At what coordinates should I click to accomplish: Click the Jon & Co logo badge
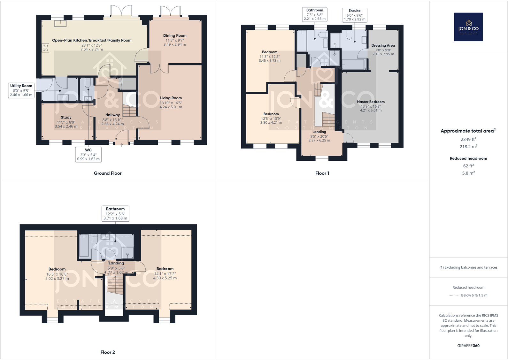[468, 27]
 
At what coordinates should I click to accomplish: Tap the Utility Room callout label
[21, 90]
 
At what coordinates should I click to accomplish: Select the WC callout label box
[88, 154]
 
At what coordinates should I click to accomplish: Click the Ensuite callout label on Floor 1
[354, 15]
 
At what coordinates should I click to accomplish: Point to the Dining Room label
[175, 36]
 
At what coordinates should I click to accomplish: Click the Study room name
[66, 117]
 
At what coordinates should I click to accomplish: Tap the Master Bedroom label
[371, 102]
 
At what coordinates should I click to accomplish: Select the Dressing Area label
[383, 46]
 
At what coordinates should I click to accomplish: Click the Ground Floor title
[108, 173]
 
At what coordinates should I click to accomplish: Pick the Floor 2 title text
[108, 352]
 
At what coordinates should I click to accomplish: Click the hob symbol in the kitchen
[45, 48]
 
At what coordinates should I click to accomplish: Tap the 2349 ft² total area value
[468, 139]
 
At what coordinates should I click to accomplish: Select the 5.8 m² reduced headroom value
[468, 173]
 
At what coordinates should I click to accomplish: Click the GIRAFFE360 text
[468, 346]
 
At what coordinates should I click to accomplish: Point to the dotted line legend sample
[454, 295]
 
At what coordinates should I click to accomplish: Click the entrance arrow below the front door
[122, 145]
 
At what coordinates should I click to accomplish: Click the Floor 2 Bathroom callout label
[115, 213]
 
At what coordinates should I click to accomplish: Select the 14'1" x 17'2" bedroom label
[165, 273]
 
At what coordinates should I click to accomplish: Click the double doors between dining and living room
[159, 68]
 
